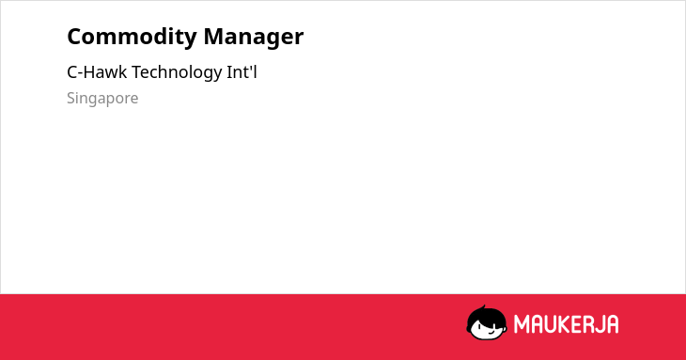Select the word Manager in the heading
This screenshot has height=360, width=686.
[x=254, y=38]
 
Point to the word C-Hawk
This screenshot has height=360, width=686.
[x=97, y=72]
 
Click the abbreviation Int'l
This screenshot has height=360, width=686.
[x=242, y=71]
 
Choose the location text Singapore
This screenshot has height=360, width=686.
[x=102, y=99]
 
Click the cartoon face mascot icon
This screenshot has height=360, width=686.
[x=487, y=322]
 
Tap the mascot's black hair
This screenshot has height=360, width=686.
[x=485, y=315]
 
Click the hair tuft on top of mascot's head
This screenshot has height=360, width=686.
[x=483, y=307]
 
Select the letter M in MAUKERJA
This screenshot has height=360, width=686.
[x=522, y=324]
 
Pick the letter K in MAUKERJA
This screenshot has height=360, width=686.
[x=568, y=324]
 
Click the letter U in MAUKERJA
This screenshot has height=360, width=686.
[x=553, y=324]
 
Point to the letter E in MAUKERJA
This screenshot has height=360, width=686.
[x=581, y=324]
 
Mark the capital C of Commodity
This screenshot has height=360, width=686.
[x=75, y=37]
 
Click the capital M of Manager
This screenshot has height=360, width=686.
[x=214, y=37]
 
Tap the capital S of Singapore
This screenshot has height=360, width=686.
[x=71, y=98]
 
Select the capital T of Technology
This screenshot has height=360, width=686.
[x=137, y=71]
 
